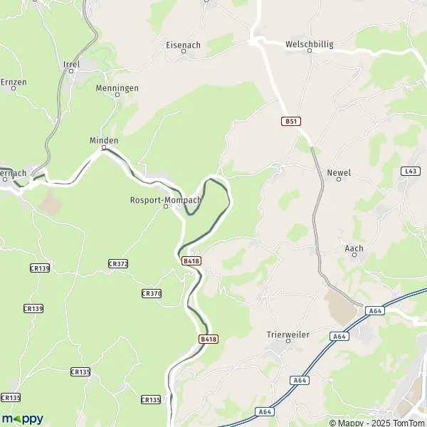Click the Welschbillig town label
coord(309,44)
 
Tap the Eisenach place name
coord(183,45)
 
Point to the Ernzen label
coord(13,83)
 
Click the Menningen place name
coord(117,88)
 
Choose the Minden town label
coord(104,140)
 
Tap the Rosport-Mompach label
coord(166,200)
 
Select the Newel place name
coord(338,172)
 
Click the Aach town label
coord(354,248)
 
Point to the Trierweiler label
coord(288,334)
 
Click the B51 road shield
coord(289,122)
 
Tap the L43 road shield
coord(410,171)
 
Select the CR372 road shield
coord(118,263)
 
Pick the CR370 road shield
coord(152,293)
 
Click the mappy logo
coord(22,418)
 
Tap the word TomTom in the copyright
coord(406,422)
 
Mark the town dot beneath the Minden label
coord(104,149)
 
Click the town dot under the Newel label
coord(338,180)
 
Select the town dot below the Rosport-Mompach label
coord(166,208)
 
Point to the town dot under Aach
coord(354,256)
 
